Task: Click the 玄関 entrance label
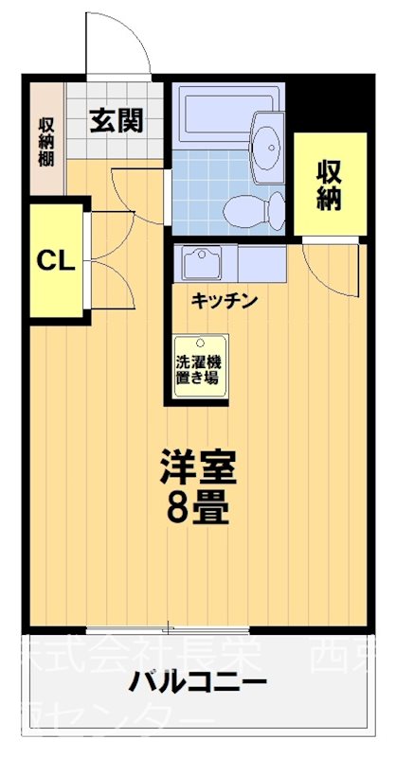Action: tap(117, 120)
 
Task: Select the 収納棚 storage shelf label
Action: tap(45, 140)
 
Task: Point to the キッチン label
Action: tap(225, 301)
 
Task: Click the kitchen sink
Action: tap(202, 262)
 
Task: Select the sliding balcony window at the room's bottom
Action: tap(168, 628)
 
